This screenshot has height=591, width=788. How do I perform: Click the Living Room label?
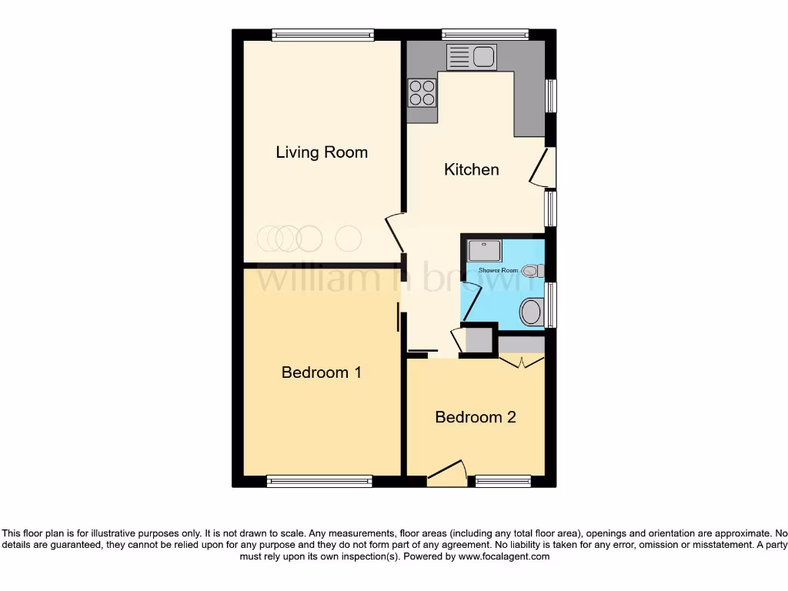point(322,152)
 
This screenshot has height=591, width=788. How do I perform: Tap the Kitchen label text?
point(472,169)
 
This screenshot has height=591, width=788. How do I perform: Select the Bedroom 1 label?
point(322,372)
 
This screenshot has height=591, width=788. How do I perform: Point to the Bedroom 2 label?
point(476,417)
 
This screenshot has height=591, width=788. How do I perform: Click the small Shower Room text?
point(499,270)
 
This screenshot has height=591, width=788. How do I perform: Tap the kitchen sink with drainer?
point(472,57)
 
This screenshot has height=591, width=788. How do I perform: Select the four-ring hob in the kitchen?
point(422,92)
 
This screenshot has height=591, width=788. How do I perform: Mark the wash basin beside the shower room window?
point(532,312)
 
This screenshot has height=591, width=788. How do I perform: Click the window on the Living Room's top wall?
point(322,35)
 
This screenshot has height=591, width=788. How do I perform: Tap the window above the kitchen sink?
point(485,35)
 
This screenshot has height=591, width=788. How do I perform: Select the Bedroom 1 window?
point(319,482)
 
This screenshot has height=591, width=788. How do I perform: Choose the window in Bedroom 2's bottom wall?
point(503,482)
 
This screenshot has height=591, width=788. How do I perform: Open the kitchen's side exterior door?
point(544,168)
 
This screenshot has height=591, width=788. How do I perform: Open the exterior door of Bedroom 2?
point(448,473)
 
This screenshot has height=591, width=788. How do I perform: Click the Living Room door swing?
point(394,233)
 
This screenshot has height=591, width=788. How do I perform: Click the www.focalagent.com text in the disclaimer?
point(503,556)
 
